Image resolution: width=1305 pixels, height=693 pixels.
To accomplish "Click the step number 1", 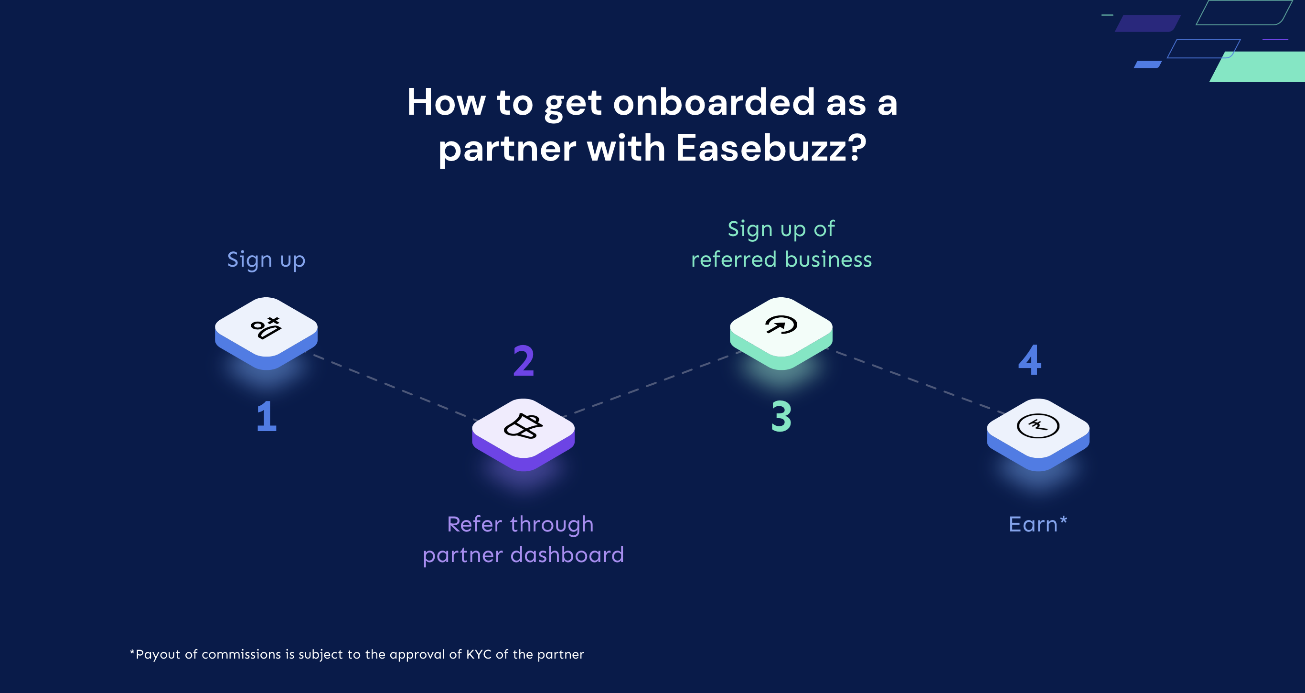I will coord(267,417).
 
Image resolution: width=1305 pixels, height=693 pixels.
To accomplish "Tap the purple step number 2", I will coord(524,361).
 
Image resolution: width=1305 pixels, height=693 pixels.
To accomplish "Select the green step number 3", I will coord(781,417).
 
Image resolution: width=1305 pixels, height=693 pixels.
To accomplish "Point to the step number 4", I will coord(1029,360).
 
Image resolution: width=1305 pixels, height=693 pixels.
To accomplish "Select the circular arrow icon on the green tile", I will coord(781,325).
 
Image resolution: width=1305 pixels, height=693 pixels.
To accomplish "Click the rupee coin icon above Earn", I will coord(1038,426).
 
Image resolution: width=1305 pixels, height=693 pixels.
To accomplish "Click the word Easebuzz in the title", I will coord(770,148).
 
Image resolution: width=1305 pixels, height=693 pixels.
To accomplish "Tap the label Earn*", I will coord(1038,524).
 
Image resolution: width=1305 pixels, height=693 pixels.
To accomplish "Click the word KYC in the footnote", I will coord(478,654).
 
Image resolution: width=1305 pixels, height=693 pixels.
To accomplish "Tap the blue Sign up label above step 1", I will coord(266,260).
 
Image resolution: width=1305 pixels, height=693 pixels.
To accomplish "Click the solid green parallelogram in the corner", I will coord(1262,67).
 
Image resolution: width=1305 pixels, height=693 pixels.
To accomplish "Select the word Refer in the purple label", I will coord(474,524).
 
